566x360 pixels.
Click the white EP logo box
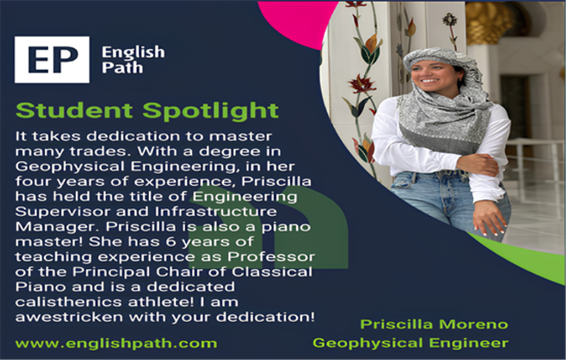click(x=52, y=60)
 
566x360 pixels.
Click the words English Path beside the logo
click(x=133, y=60)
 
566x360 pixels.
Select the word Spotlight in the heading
click(x=211, y=111)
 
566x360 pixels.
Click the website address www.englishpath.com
click(x=116, y=343)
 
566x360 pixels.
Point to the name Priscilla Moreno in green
click(x=434, y=324)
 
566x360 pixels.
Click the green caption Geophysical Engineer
click(x=411, y=343)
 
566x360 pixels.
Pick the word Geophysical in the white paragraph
click(x=71, y=166)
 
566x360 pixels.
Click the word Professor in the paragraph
click(x=271, y=257)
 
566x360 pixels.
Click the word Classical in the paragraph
click(x=272, y=272)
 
